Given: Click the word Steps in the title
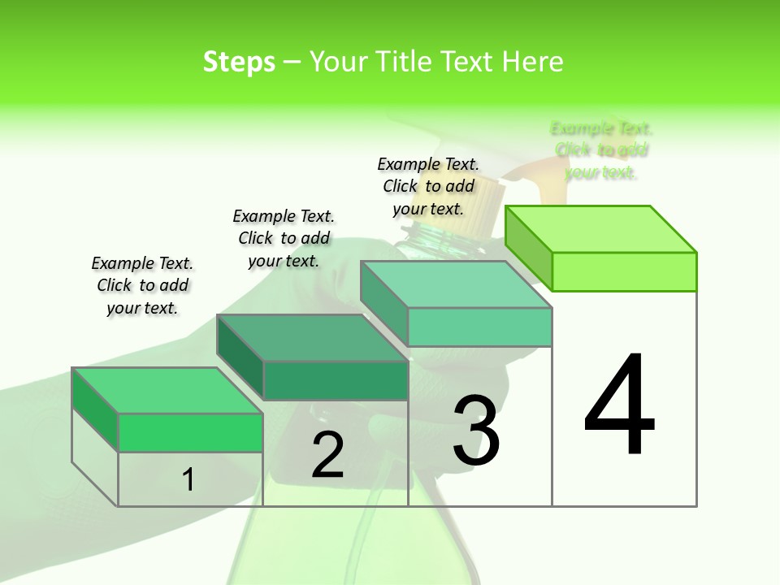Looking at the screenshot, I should [x=239, y=62].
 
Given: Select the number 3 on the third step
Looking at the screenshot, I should [x=476, y=430].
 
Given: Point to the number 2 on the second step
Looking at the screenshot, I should [x=327, y=455].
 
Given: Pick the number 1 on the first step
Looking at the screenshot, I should [x=188, y=479].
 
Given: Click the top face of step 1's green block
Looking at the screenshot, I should [x=167, y=390].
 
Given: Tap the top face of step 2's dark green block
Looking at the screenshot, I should [x=312, y=337].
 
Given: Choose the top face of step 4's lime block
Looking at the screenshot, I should [x=601, y=229].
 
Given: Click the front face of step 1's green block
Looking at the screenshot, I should [x=191, y=432].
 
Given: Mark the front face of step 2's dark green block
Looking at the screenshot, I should [x=336, y=380].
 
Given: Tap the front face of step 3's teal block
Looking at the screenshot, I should [x=480, y=327].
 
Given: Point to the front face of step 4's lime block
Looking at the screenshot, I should [x=624, y=271].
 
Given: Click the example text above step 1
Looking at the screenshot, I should [x=142, y=285].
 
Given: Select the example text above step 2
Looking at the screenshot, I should [x=284, y=238].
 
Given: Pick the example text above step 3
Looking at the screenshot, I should [x=428, y=186].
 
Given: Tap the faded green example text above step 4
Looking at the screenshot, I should [x=601, y=150].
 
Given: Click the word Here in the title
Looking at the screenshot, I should [x=533, y=62].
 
